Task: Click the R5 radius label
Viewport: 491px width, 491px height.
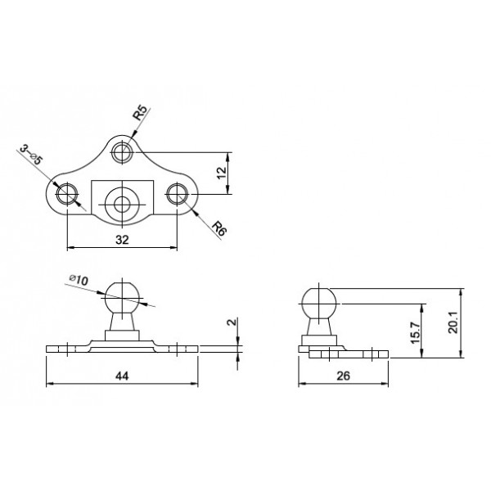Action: (x=140, y=113)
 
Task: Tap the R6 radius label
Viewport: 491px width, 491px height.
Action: (x=219, y=228)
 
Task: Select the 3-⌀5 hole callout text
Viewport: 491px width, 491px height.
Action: (x=31, y=155)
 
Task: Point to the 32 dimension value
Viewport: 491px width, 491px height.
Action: (x=122, y=240)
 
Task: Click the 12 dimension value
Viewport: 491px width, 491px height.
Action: (x=222, y=173)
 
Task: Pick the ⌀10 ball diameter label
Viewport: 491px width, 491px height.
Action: (x=79, y=280)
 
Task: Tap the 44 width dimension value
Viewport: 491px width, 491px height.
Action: (x=122, y=376)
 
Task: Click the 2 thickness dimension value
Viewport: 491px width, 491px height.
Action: (x=232, y=322)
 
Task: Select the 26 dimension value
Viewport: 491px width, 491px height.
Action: (x=343, y=376)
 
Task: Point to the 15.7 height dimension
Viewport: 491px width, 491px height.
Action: (x=416, y=332)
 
